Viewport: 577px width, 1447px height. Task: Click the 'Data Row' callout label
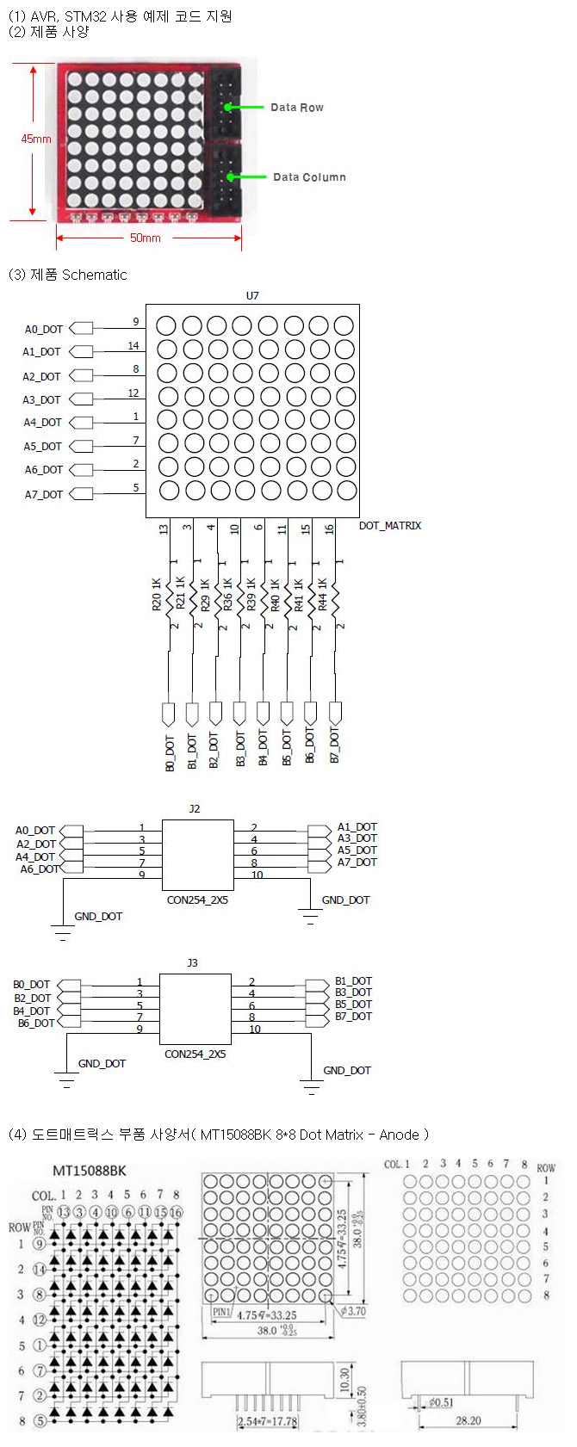point(296,108)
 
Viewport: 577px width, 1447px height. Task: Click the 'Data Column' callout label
point(309,177)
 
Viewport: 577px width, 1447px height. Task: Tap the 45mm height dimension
point(36,139)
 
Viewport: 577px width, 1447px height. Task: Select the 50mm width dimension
point(145,238)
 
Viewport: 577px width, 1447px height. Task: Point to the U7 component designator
point(252,295)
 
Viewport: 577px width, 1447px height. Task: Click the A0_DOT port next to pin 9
point(44,329)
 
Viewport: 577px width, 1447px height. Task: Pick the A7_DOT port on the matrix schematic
point(44,494)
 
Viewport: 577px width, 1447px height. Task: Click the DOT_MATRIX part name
point(390,525)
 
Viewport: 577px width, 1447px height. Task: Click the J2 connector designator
point(194,809)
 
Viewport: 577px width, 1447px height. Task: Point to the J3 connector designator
point(192,963)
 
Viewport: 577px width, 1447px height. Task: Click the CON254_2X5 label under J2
point(197,900)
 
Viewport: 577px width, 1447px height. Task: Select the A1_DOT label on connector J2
point(357,827)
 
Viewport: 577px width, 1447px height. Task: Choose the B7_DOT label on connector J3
point(354,1017)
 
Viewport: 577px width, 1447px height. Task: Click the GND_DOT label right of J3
point(347,1071)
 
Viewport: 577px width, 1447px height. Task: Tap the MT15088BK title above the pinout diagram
point(90,1172)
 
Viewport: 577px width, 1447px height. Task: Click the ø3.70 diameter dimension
point(354,1311)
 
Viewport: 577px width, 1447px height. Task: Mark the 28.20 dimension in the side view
point(468,1421)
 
